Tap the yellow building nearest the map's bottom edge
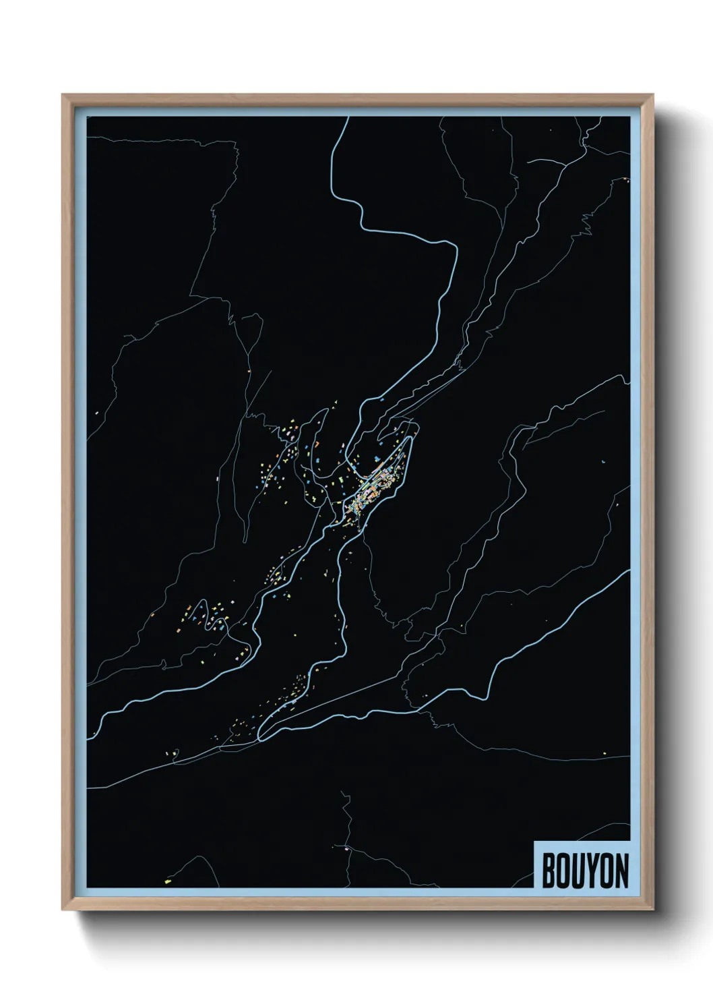168,879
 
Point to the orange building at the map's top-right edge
626,179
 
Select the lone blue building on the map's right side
604,461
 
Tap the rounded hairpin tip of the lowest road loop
262,733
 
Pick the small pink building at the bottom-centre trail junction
346,848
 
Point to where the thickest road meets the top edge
347,118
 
